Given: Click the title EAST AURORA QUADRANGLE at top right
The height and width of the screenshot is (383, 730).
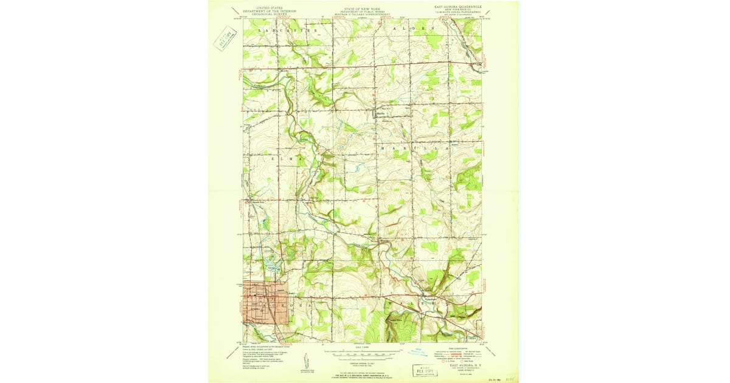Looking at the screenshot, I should (x=457, y=7).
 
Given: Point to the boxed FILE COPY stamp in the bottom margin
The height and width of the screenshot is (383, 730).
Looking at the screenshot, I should (x=426, y=369).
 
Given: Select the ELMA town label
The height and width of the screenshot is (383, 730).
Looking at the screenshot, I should (x=287, y=159).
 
